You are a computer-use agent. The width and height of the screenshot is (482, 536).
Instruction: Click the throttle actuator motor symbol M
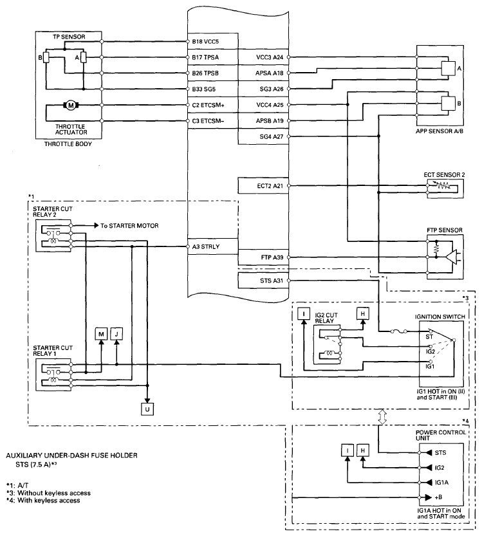pyautogui.click(x=71, y=105)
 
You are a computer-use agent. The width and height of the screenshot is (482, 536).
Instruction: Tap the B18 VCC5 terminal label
pyautogui.click(x=205, y=42)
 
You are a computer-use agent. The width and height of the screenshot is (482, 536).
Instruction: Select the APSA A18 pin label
pyautogui.click(x=270, y=73)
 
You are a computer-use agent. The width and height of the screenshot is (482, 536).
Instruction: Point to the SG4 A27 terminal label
pyautogui.click(x=272, y=136)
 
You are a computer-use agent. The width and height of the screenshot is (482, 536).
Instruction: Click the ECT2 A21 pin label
pyautogui.click(x=270, y=186)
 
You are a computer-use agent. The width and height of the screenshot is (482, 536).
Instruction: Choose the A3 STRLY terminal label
pyautogui.click(x=206, y=247)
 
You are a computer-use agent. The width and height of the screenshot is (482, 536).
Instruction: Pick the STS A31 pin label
pyautogui.click(x=272, y=281)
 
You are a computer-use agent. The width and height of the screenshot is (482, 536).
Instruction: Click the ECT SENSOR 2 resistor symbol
pyautogui.click(x=443, y=186)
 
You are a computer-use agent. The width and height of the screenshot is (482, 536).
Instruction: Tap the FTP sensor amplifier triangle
pyautogui.click(x=451, y=257)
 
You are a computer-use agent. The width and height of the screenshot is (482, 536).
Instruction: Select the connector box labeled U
pyautogui.click(x=147, y=409)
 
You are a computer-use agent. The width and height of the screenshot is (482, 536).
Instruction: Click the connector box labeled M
pyautogui.click(x=101, y=334)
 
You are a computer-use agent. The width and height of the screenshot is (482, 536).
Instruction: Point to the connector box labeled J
pyautogui.click(x=116, y=334)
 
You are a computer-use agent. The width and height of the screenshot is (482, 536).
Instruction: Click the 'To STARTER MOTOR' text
pyautogui.click(x=129, y=226)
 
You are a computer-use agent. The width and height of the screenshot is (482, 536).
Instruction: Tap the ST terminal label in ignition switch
pyautogui.click(x=429, y=337)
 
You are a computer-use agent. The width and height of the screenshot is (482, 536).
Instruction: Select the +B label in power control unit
pyautogui.click(x=438, y=498)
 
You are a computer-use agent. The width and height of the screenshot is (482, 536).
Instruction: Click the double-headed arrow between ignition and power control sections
pyautogui.click(x=382, y=417)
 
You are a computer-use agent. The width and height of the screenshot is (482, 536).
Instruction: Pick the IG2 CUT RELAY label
pyautogui.click(x=326, y=318)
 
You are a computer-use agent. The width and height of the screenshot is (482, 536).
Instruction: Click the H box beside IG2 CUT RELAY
pyautogui.click(x=363, y=314)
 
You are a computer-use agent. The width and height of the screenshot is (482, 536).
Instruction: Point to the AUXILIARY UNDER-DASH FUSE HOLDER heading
pyautogui.click(x=72, y=456)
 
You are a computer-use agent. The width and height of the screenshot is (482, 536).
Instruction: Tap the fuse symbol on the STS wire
pyautogui.click(x=398, y=331)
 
